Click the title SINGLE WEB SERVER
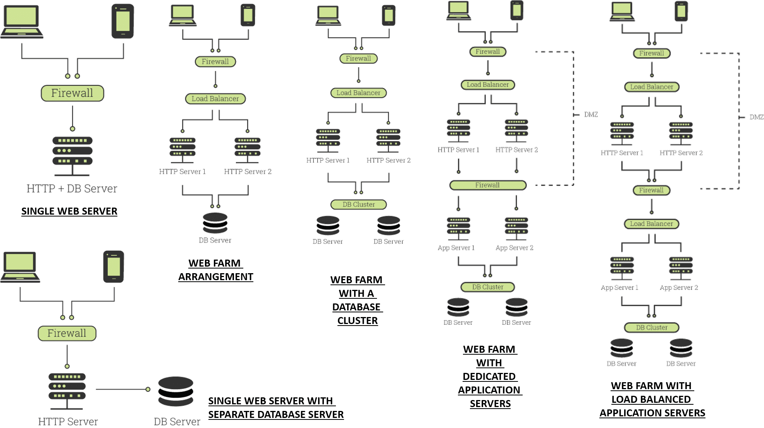click(x=69, y=211)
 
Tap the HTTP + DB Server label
click(x=72, y=188)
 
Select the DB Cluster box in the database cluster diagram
click(x=358, y=204)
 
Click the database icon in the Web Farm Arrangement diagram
click(x=215, y=223)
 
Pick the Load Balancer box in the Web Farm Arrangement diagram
click(x=215, y=99)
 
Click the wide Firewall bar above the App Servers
click(x=487, y=185)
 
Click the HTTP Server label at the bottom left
click(x=68, y=421)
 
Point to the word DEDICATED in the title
click(x=489, y=376)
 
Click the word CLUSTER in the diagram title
click(x=357, y=321)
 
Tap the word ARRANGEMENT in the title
click(x=215, y=277)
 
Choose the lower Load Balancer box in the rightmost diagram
click(x=651, y=224)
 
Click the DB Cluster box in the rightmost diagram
click(x=651, y=327)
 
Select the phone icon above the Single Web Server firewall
click(x=123, y=21)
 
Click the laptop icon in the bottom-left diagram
click(x=21, y=267)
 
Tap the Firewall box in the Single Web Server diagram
click(x=72, y=93)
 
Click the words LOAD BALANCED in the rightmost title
click(x=651, y=399)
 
